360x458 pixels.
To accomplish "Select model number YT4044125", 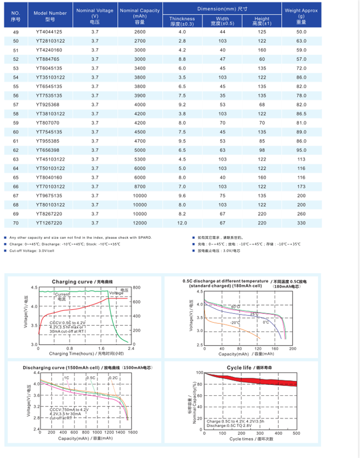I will (50, 32).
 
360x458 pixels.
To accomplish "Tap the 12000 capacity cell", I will (139, 223).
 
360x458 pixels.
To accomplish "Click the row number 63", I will (16, 159).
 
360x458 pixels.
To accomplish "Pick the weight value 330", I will (301, 223).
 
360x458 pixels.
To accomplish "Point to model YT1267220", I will (50, 223).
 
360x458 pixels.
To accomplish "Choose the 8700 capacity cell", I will (139, 186).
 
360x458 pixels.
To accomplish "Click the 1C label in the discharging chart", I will (66, 378).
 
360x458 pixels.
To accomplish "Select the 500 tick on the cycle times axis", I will (296, 434).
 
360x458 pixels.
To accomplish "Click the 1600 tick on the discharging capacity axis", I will (133, 433).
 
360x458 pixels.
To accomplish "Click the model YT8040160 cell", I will (50, 177).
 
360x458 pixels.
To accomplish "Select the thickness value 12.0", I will (182, 223).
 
